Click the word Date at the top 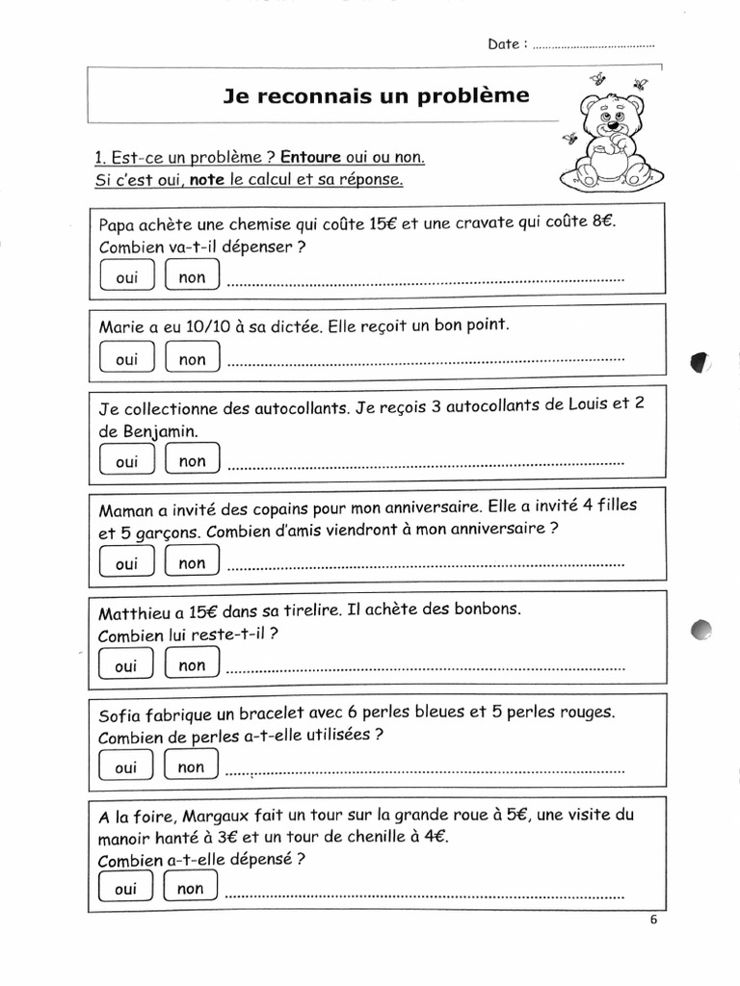click(504, 44)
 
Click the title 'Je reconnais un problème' click(376, 96)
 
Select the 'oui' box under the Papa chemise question click(126, 277)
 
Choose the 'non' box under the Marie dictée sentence click(193, 359)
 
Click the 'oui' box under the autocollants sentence click(126, 461)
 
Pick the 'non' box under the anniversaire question click(193, 563)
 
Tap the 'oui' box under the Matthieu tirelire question click(126, 665)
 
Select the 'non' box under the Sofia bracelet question click(192, 767)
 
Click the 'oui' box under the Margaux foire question click(125, 889)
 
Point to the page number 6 click(653, 919)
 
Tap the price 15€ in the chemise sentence click(383, 223)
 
